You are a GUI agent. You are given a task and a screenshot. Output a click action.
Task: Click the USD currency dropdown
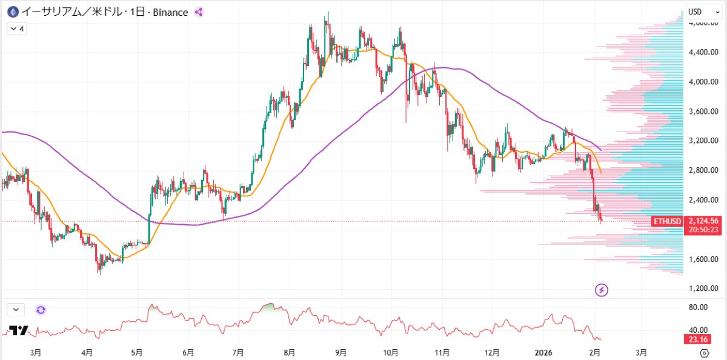(703, 12)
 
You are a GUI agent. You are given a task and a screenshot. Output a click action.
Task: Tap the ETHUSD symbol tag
(668, 221)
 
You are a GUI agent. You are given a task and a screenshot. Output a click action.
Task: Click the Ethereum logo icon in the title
(11, 12)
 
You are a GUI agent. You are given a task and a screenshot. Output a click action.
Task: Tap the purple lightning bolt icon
(602, 290)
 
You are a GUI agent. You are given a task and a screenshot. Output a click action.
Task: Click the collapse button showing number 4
(16, 28)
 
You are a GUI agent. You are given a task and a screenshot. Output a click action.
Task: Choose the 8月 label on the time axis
(290, 352)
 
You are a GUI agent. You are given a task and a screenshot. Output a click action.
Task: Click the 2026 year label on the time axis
(543, 352)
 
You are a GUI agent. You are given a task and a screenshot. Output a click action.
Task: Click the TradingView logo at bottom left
(19, 331)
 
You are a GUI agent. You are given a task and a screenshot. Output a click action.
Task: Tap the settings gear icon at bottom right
(704, 353)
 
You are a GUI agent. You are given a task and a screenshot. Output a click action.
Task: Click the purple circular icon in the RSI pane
(41, 310)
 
